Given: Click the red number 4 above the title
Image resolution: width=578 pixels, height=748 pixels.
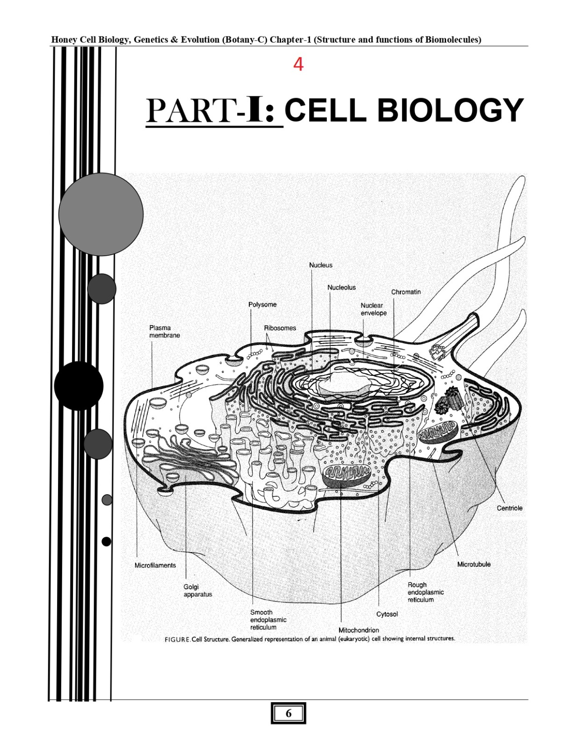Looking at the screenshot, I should point(298,65).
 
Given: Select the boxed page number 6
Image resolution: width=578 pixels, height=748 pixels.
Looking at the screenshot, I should point(289,713).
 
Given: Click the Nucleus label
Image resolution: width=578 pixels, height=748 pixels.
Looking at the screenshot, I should point(321,265).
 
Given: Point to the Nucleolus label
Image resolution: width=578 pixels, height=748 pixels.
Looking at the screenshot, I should point(341,288).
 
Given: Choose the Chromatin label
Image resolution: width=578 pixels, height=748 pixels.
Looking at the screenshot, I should point(406,292).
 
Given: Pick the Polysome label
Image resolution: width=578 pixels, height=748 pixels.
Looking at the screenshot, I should point(262,304).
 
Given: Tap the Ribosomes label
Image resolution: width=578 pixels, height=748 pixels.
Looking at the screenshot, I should point(280,328).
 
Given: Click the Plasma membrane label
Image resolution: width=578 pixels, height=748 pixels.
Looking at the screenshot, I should point(164,331).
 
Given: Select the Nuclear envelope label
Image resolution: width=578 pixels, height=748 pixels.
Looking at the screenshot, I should point(373,309).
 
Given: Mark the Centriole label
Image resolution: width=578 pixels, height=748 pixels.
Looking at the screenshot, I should point(509,508).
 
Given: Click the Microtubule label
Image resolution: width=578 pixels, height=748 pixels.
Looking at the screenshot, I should point(474,564).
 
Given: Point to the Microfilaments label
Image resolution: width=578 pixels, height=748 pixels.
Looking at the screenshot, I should point(155,565).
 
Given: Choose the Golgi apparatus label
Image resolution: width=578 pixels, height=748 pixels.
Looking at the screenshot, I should point(197,590).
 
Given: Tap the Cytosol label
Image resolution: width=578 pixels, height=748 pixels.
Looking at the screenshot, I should point(387,614).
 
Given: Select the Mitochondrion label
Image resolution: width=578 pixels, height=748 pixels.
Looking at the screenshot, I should point(359,630).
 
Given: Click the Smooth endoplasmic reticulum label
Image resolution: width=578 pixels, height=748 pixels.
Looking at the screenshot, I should point(268,619).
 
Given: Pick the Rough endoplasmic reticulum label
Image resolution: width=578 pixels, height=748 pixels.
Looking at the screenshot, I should point(425,592).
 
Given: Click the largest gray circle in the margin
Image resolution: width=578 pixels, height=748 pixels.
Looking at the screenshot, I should point(101,214).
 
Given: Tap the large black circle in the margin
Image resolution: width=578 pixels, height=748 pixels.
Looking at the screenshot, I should point(79,386).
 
